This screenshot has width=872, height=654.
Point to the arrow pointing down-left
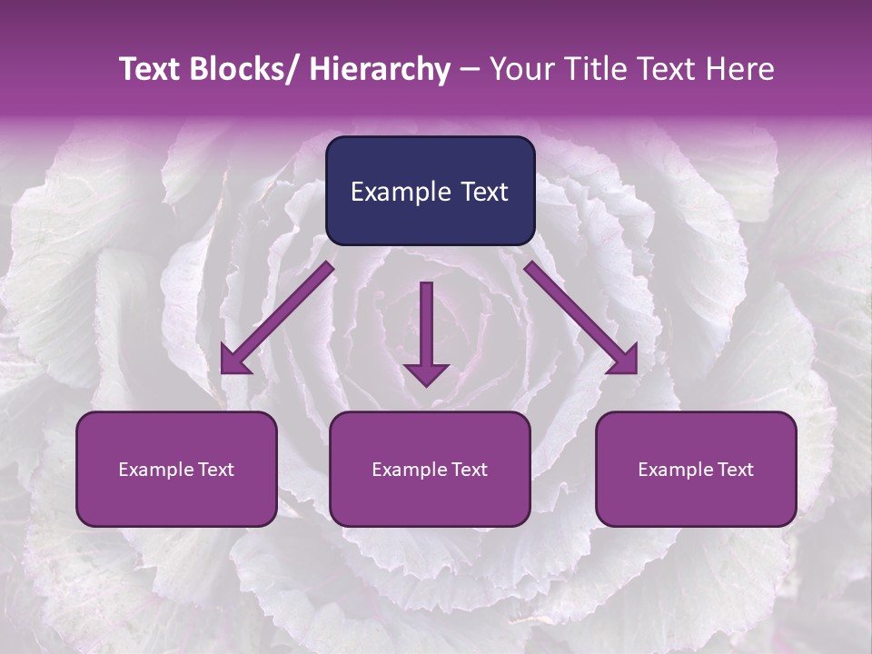pyautogui.click(x=277, y=318)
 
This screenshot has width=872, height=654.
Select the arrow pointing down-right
pyautogui.click(x=581, y=318)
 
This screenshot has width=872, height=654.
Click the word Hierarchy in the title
pyautogui.click(x=380, y=69)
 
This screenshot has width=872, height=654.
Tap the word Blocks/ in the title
pyautogui.click(x=247, y=69)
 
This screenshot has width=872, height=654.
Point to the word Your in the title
pyautogui.click(x=520, y=69)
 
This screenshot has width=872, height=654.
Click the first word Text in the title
pyautogui.click(x=150, y=69)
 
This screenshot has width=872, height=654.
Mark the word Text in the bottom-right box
pyautogui.click(x=734, y=470)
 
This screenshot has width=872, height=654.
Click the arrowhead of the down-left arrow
pyautogui.click(x=233, y=362)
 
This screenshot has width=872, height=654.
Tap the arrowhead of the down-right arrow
pyautogui.click(x=625, y=362)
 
